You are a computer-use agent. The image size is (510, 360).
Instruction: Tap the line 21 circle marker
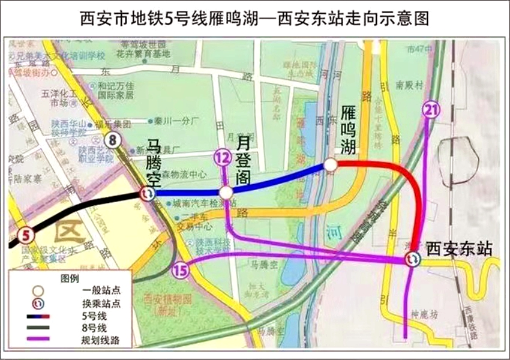click(430, 109)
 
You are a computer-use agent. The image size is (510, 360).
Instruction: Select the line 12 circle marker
click(222, 158)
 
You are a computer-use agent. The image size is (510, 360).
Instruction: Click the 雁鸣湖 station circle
click(330, 165)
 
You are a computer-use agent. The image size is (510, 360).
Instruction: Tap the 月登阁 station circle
click(226, 193)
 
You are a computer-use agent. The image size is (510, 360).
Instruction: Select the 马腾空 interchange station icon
click(147, 194)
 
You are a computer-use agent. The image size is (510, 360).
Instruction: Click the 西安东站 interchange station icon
click(412, 259)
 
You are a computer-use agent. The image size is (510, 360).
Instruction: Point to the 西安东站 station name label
click(459, 250)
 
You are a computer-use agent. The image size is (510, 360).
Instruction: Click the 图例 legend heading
click(70, 279)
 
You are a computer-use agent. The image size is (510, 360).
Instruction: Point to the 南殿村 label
click(410, 85)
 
